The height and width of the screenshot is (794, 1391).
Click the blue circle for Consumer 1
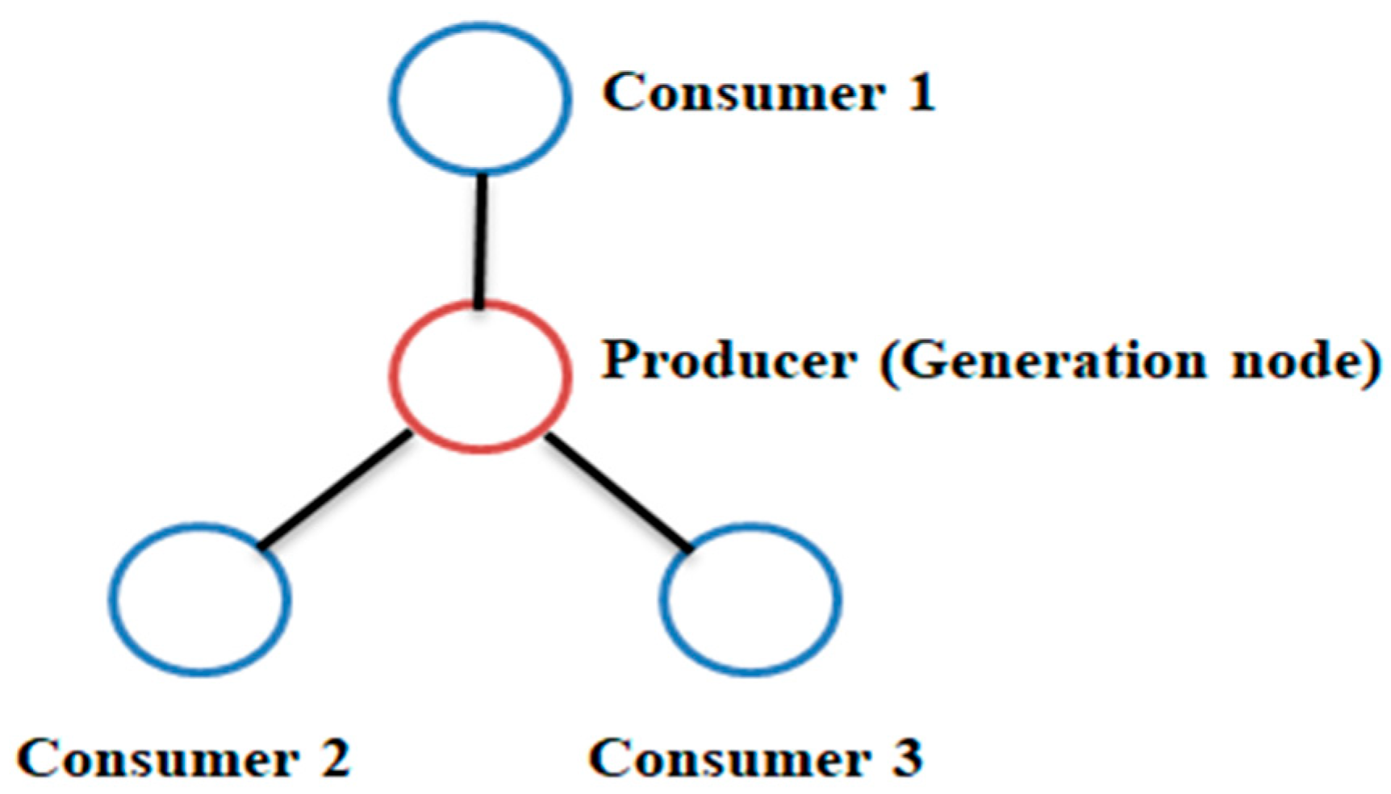click(x=481, y=98)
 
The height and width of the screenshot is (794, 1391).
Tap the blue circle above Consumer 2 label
click(x=200, y=598)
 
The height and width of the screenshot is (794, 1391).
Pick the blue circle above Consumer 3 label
click(x=750, y=598)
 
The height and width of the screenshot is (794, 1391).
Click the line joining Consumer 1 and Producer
click(x=480, y=240)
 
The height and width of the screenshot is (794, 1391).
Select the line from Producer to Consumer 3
click(x=618, y=494)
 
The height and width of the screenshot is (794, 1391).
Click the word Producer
click(x=729, y=360)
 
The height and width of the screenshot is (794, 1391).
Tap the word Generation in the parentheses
click(x=1051, y=360)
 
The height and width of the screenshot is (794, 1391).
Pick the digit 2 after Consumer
click(x=333, y=758)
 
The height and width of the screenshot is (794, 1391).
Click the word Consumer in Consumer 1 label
click(x=743, y=93)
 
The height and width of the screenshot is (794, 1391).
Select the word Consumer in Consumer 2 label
click(x=157, y=758)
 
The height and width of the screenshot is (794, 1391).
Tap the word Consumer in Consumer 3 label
click(x=730, y=758)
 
